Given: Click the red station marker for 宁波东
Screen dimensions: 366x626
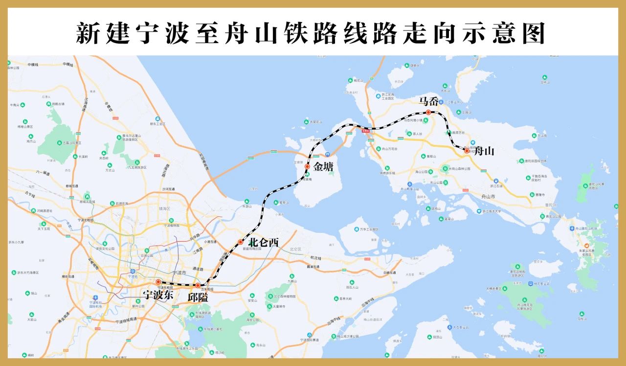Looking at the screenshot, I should tap(158, 282).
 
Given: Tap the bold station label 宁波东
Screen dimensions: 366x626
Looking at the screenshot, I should tap(157, 296).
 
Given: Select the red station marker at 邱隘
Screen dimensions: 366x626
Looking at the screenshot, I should tap(198, 285).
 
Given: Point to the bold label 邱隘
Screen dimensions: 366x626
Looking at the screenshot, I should tap(198, 297).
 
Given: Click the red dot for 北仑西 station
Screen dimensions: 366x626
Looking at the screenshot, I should tap(240, 242).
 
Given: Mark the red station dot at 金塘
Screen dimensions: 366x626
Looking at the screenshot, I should tap(307, 167).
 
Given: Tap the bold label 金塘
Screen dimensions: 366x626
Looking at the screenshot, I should tap(323, 167).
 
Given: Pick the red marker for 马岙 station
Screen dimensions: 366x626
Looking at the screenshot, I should tap(428, 113).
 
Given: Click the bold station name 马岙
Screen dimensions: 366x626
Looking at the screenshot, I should tap(429, 101).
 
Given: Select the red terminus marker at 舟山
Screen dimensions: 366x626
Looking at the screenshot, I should tap(467, 151).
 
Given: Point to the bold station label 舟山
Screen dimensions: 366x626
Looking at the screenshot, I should tap(484, 151).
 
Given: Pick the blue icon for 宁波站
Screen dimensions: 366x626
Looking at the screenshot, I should tap(133, 272).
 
